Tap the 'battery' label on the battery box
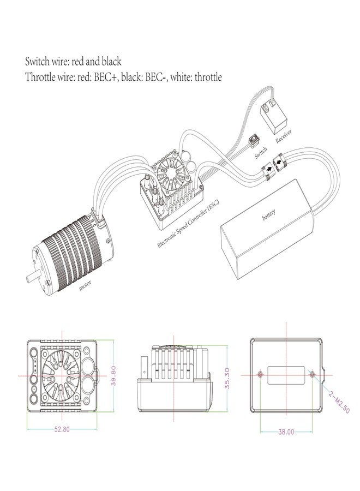(x=268, y=217)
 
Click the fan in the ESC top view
(x=65, y=375)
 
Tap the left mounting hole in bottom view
(x=261, y=375)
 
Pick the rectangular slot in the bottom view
(x=286, y=375)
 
